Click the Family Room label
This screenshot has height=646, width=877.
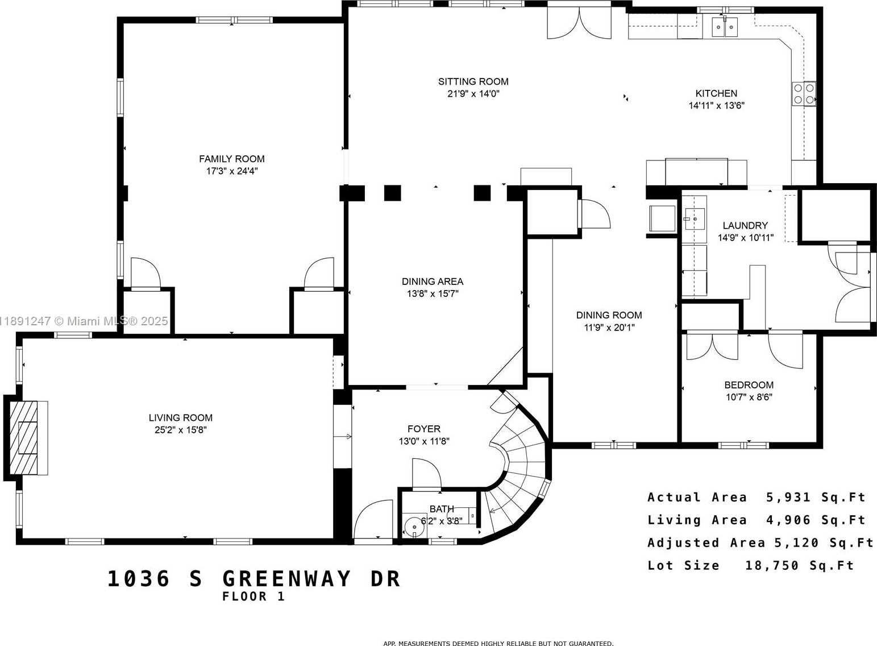coord(232,159)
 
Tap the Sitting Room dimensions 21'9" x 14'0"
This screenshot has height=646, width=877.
coord(473,94)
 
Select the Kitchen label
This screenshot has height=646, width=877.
coord(716,93)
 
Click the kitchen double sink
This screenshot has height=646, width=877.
coord(724,27)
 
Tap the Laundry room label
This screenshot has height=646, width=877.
coord(745,225)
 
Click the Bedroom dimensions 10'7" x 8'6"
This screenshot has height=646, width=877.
coord(749,397)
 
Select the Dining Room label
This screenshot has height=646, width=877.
coord(609,315)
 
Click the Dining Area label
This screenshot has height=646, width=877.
coord(432,281)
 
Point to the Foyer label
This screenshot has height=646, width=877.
coord(423,429)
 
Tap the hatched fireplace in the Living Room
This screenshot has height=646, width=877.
coord(23,438)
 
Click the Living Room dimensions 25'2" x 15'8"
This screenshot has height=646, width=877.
coord(181,430)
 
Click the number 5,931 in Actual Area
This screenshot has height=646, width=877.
coord(788,497)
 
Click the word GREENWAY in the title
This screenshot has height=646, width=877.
coord(286,578)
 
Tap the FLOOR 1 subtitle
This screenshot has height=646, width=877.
coord(253,597)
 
